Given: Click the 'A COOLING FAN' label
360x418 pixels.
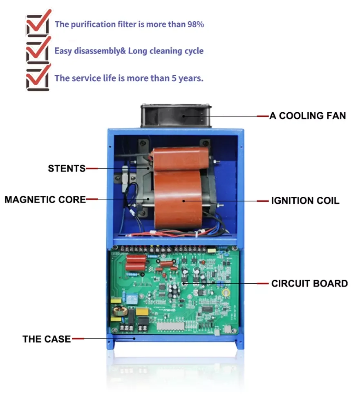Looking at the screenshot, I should pos(307,116).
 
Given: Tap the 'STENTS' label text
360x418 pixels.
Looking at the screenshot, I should pos(67,169).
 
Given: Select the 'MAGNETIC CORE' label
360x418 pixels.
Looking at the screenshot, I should pos(45,200).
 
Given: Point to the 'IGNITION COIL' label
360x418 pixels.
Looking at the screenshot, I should pos(305,201).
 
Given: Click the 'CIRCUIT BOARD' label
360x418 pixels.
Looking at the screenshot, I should pos(309,283).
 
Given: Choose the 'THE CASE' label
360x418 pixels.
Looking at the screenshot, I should pos(47,339).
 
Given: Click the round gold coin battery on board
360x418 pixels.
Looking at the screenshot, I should pos(225,293).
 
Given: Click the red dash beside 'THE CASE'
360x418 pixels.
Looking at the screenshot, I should pos(78,339).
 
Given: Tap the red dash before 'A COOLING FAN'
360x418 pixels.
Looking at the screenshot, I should pos(263,116).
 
